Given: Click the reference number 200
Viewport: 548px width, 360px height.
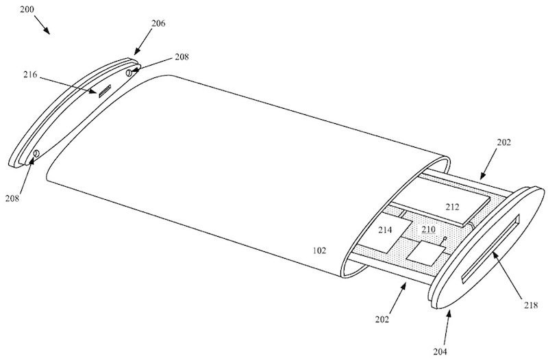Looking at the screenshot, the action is (x=27, y=10).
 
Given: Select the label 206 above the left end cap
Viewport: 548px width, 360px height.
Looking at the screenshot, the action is (x=158, y=23).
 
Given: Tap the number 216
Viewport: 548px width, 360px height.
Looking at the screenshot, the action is (x=30, y=75).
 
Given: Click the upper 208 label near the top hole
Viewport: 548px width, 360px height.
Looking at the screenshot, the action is (x=182, y=57).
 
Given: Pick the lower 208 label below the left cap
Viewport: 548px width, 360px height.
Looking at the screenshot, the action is (x=12, y=198).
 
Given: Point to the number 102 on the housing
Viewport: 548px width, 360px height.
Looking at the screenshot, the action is (x=319, y=250).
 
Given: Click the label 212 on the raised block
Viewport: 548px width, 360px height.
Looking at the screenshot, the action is (x=452, y=207).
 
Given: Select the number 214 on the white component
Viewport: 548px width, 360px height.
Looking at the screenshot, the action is (x=385, y=230).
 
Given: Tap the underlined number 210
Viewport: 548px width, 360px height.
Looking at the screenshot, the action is (x=429, y=229).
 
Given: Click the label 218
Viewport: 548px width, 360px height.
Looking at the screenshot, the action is (x=530, y=305).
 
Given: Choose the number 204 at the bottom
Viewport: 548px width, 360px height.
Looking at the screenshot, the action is (x=440, y=351).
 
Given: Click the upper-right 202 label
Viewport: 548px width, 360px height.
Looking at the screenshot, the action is (x=503, y=142).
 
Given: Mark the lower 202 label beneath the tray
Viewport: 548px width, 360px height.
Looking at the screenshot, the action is (x=382, y=319).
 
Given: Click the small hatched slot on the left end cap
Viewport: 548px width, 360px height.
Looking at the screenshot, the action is (x=104, y=91).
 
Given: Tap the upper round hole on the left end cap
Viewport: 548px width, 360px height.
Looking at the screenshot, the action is (x=129, y=73).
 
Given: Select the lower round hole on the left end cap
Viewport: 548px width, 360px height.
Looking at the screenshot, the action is (x=36, y=153).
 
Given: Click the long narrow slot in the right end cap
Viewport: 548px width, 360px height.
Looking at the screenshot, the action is (x=490, y=248).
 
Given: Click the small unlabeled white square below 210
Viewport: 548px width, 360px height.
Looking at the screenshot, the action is (x=426, y=253).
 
